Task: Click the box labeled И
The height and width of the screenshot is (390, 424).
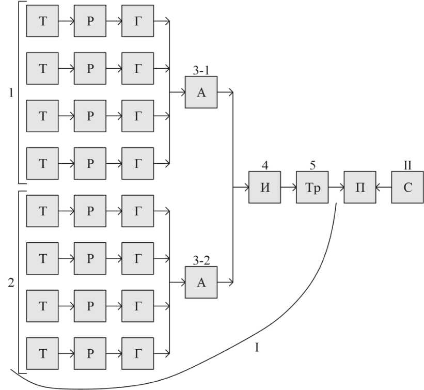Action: coord(265,187)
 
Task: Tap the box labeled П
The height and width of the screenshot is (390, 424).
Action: coord(360,187)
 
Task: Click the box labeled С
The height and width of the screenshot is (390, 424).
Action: coord(407,187)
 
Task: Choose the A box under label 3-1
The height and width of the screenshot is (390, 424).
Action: coord(201,92)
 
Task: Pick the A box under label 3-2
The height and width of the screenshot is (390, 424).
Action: coord(201,282)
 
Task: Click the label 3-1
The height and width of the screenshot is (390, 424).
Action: coord(201,70)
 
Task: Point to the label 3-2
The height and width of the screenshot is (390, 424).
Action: coord(201,260)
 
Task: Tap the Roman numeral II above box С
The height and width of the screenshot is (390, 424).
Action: coord(407,165)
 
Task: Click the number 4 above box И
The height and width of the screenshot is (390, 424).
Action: coord(265,165)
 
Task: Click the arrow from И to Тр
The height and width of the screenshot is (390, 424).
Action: coord(289,187)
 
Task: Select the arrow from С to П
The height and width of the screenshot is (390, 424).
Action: coord(384,187)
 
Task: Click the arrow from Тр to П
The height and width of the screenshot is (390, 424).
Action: coord(336,187)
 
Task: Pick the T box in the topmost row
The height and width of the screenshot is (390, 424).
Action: coord(42,21)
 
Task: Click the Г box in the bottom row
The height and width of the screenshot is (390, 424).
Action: coord(137,353)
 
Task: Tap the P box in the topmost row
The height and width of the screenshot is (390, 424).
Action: coord(90,21)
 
